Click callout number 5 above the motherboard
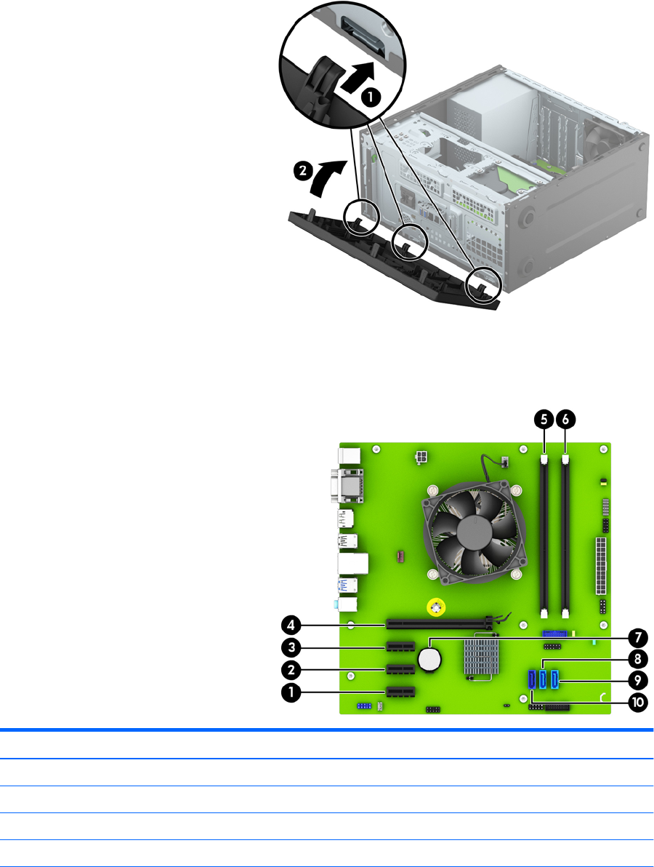coord(544,420)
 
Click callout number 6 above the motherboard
coord(565,420)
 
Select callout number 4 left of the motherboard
coord(291,626)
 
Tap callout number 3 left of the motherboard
coord(291,647)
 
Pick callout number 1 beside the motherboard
coord(291,692)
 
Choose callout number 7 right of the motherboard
coord(638,638)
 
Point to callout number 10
coord(638,702)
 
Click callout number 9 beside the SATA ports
coord(638,680)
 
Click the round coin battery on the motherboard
coord(430,659)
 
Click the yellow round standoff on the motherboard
coord(436,608)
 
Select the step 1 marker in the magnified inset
coord(370,97)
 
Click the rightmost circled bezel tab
coord(484,285)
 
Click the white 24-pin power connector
coord(600,564)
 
